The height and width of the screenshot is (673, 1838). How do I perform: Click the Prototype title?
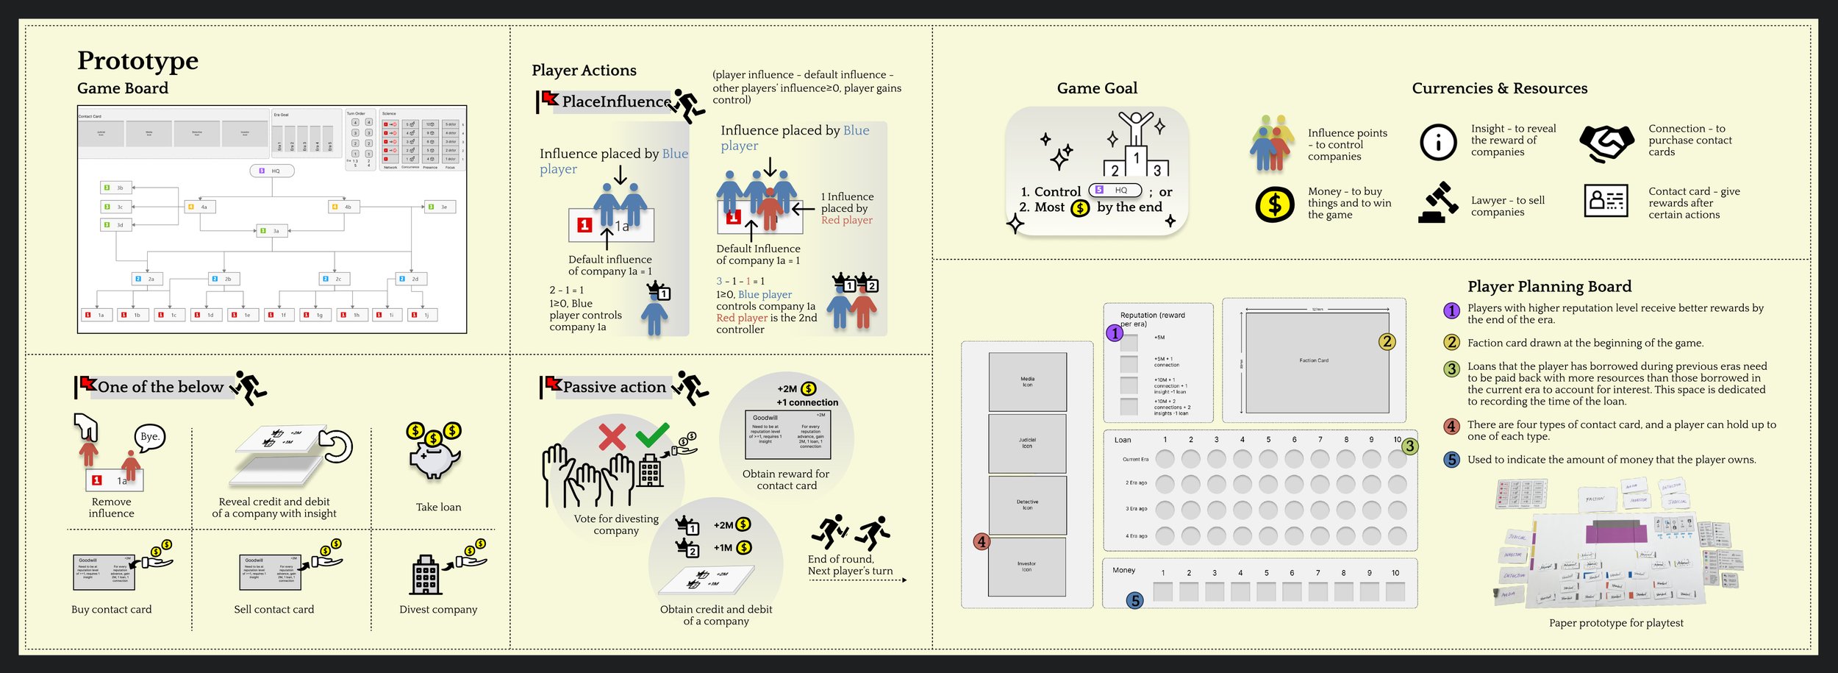coord(137,61)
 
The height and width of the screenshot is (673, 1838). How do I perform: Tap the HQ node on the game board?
coord(272,171)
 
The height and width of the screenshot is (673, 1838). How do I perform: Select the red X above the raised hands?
coord(612,437)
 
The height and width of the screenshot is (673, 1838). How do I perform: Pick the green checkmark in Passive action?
coord(652,434)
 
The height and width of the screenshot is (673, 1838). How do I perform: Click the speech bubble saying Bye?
coord(150,437)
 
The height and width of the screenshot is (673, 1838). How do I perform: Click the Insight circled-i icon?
coord(1438,142)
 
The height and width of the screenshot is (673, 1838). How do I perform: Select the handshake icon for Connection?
coord(1606,142)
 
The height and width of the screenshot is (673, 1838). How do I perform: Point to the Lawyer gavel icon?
coord(1438,202)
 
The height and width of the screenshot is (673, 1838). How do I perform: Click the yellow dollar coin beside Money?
coord(1274,204)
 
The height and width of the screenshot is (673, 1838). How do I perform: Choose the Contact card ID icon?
coord(1606,200)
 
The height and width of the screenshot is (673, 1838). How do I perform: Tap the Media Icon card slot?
coord(1027,382)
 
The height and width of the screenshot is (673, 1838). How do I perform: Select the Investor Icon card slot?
coord(1026,566)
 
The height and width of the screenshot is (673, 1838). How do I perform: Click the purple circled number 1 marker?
coord(1115,333)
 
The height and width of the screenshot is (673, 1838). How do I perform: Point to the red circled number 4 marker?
coord(981,542)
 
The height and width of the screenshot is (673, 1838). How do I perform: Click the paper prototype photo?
coord(1617,544)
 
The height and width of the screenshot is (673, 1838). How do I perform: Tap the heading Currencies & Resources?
coord(1499,88)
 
